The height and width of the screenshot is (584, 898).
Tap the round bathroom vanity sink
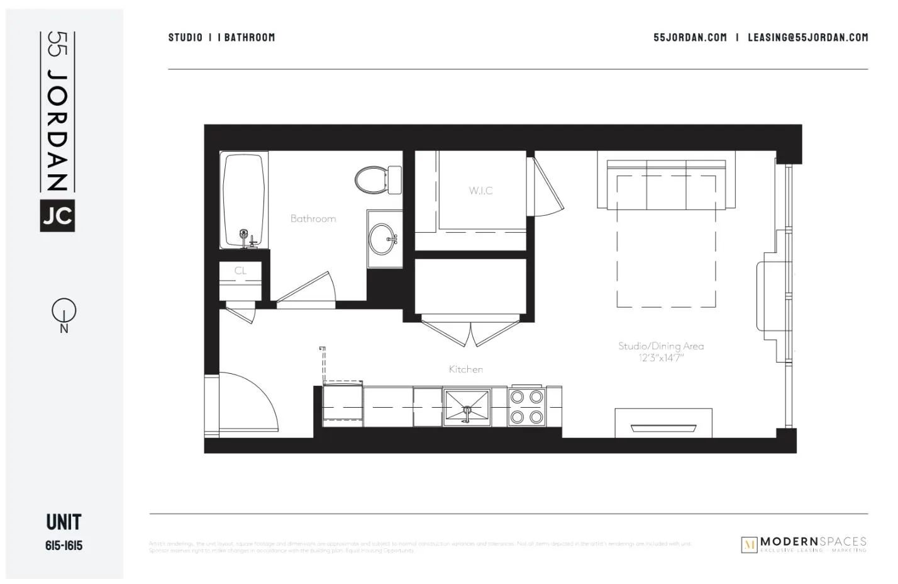[384, 239]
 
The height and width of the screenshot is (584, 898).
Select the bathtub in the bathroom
[243, 199]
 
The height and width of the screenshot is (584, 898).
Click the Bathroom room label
[313, 219]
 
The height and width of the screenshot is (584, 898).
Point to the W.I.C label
[480, 191]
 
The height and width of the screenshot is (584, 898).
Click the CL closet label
[240, 271]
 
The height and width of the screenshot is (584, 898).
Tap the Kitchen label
[466, 369]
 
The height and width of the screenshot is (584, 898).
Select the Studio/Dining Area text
[661, 346]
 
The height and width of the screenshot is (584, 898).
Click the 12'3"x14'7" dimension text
[661, 358]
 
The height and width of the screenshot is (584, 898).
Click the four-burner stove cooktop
[527, 407]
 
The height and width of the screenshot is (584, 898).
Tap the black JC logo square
[57, 216]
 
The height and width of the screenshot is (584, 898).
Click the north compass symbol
[64, 311]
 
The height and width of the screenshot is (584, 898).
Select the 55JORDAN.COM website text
[690, 38]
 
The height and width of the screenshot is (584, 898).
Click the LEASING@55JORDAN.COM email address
[807, 38]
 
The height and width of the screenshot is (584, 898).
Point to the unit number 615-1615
[64, 546]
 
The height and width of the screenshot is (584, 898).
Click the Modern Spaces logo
[804, 544]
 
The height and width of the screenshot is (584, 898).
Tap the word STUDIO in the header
[186, 38]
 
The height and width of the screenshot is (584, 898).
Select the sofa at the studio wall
[667, 184]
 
